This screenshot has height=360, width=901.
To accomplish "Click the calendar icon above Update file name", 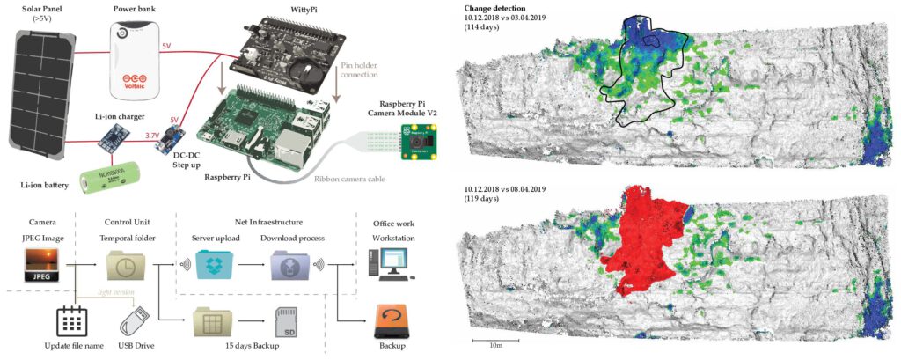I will (x=70, y=321).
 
